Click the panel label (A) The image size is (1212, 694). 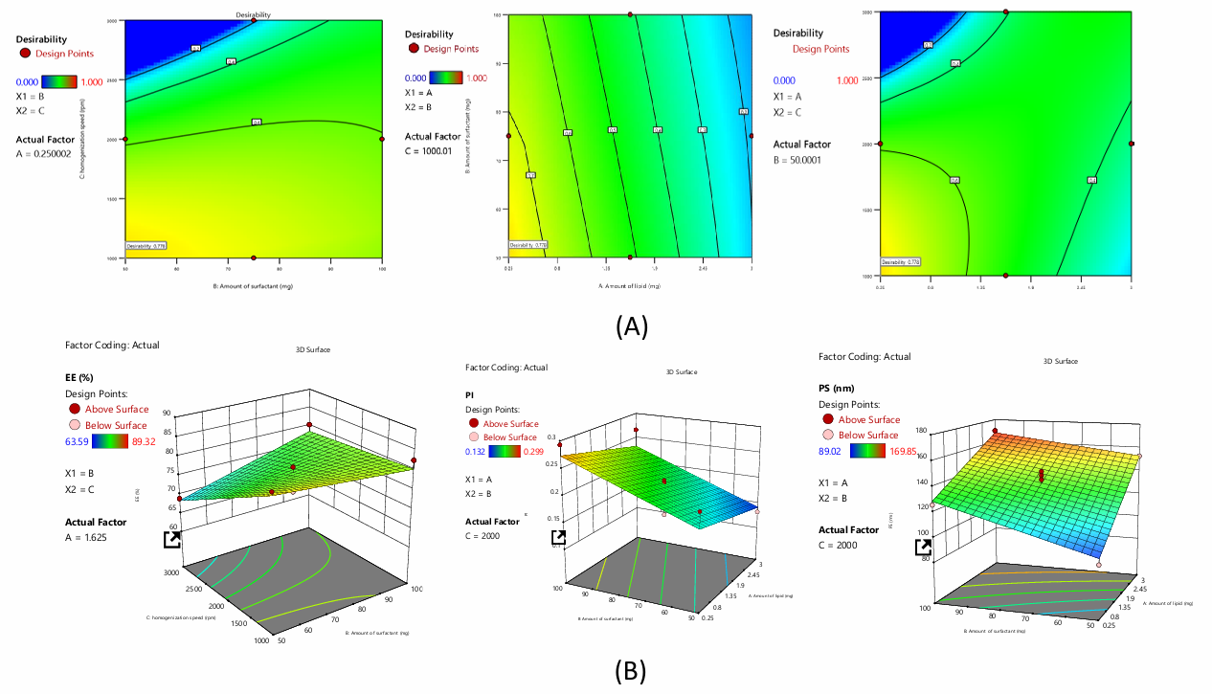(x=632, y=327)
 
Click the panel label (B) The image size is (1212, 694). (x=630, y=671)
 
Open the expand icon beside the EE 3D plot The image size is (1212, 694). (x=172, y=540)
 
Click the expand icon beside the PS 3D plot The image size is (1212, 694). (x=924, y=547)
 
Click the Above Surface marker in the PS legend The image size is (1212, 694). (x=829, y=419)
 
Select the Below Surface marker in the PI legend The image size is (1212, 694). (x=474, y=437)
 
